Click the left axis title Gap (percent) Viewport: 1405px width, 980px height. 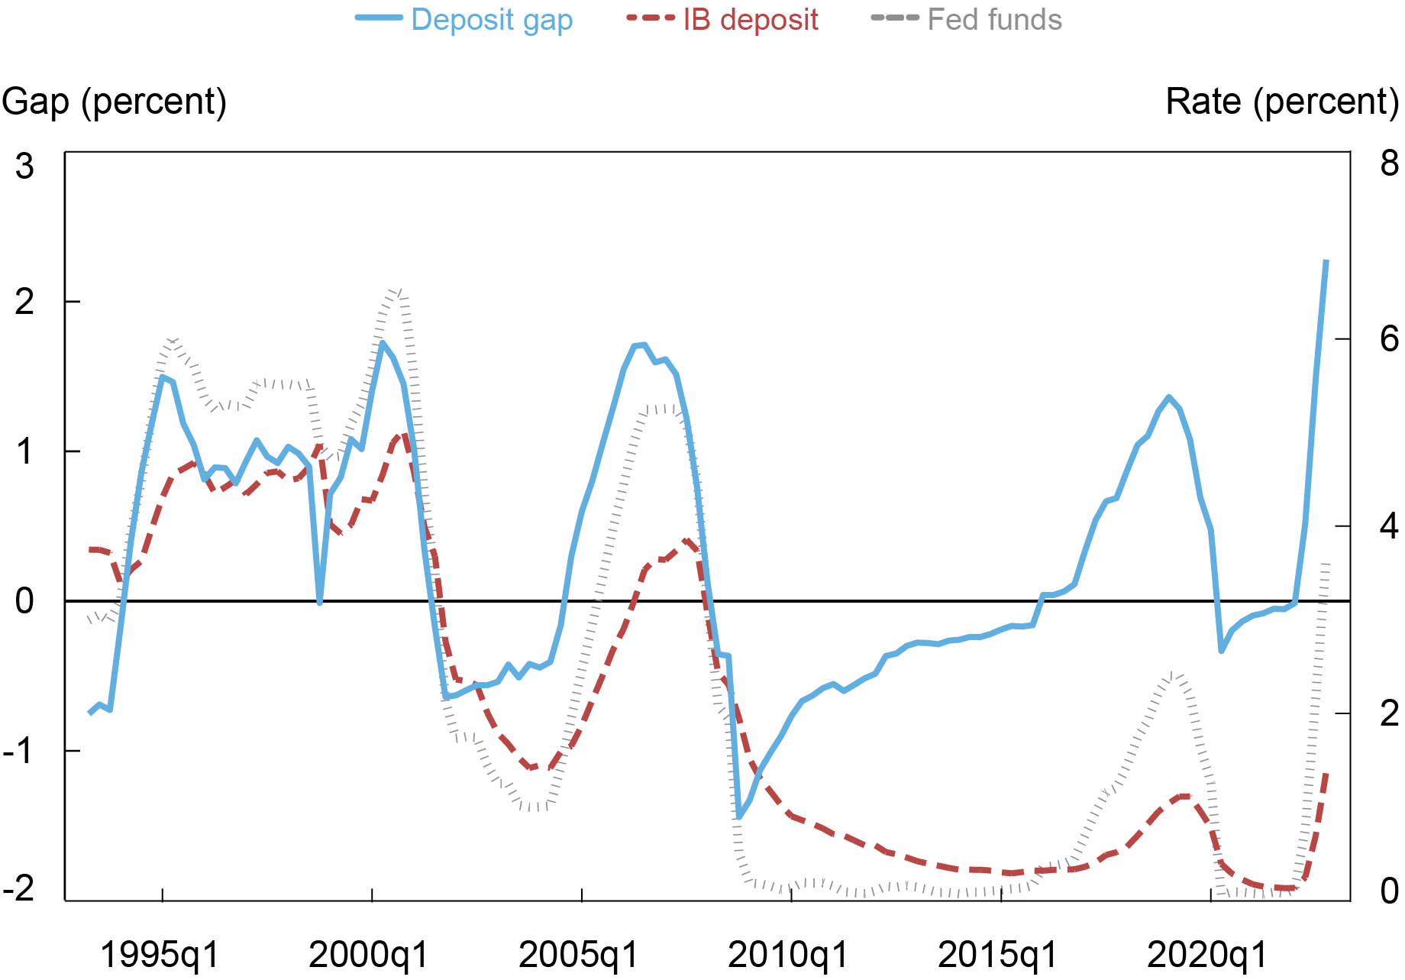tap(115, 102)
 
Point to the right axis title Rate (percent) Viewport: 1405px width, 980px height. tap(1282, 102)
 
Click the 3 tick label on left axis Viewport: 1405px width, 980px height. tap(24, 166)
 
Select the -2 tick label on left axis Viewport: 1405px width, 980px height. tap(20, 889)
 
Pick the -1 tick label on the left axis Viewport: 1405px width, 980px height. tap(20, 751)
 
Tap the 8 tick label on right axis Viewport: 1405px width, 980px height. tap(1389, 163)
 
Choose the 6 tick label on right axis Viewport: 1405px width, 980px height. tap(1389, 338)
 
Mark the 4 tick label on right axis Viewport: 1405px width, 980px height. tap(1389, 526)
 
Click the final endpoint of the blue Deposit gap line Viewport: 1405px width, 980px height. tap(1326, 260)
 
